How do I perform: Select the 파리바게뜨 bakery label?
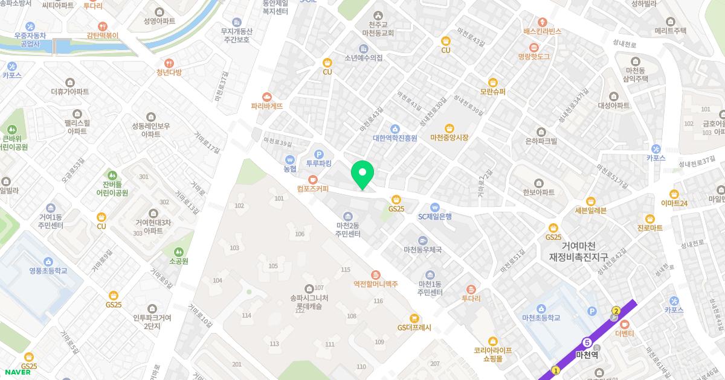[x=267, y=106]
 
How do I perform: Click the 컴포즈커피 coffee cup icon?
[x=312, y=179]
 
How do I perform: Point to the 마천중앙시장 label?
[x=449, y=138]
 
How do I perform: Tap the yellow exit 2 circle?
[x=616, y=311]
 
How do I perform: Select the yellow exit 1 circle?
[x=556, y=370]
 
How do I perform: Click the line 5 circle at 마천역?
[x=587, y=342]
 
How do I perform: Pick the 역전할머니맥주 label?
[x=376, y=284]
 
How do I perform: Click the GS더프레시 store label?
[x=414, y=328]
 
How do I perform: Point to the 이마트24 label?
[x=674, y=203]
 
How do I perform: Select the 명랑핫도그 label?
[x=533, y=56]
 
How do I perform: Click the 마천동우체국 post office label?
[x=423, y=249]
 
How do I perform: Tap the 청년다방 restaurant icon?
[x=169, y=62]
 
